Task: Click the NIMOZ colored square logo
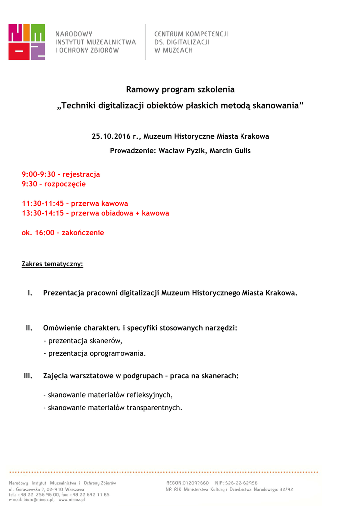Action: pos(27,42)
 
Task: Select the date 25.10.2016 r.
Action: pos(115,136)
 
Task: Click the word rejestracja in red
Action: pos(81,174)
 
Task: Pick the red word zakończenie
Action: pos(83,233)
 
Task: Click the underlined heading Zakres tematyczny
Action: pos(52,264)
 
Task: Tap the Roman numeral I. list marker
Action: pos(30,293)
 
